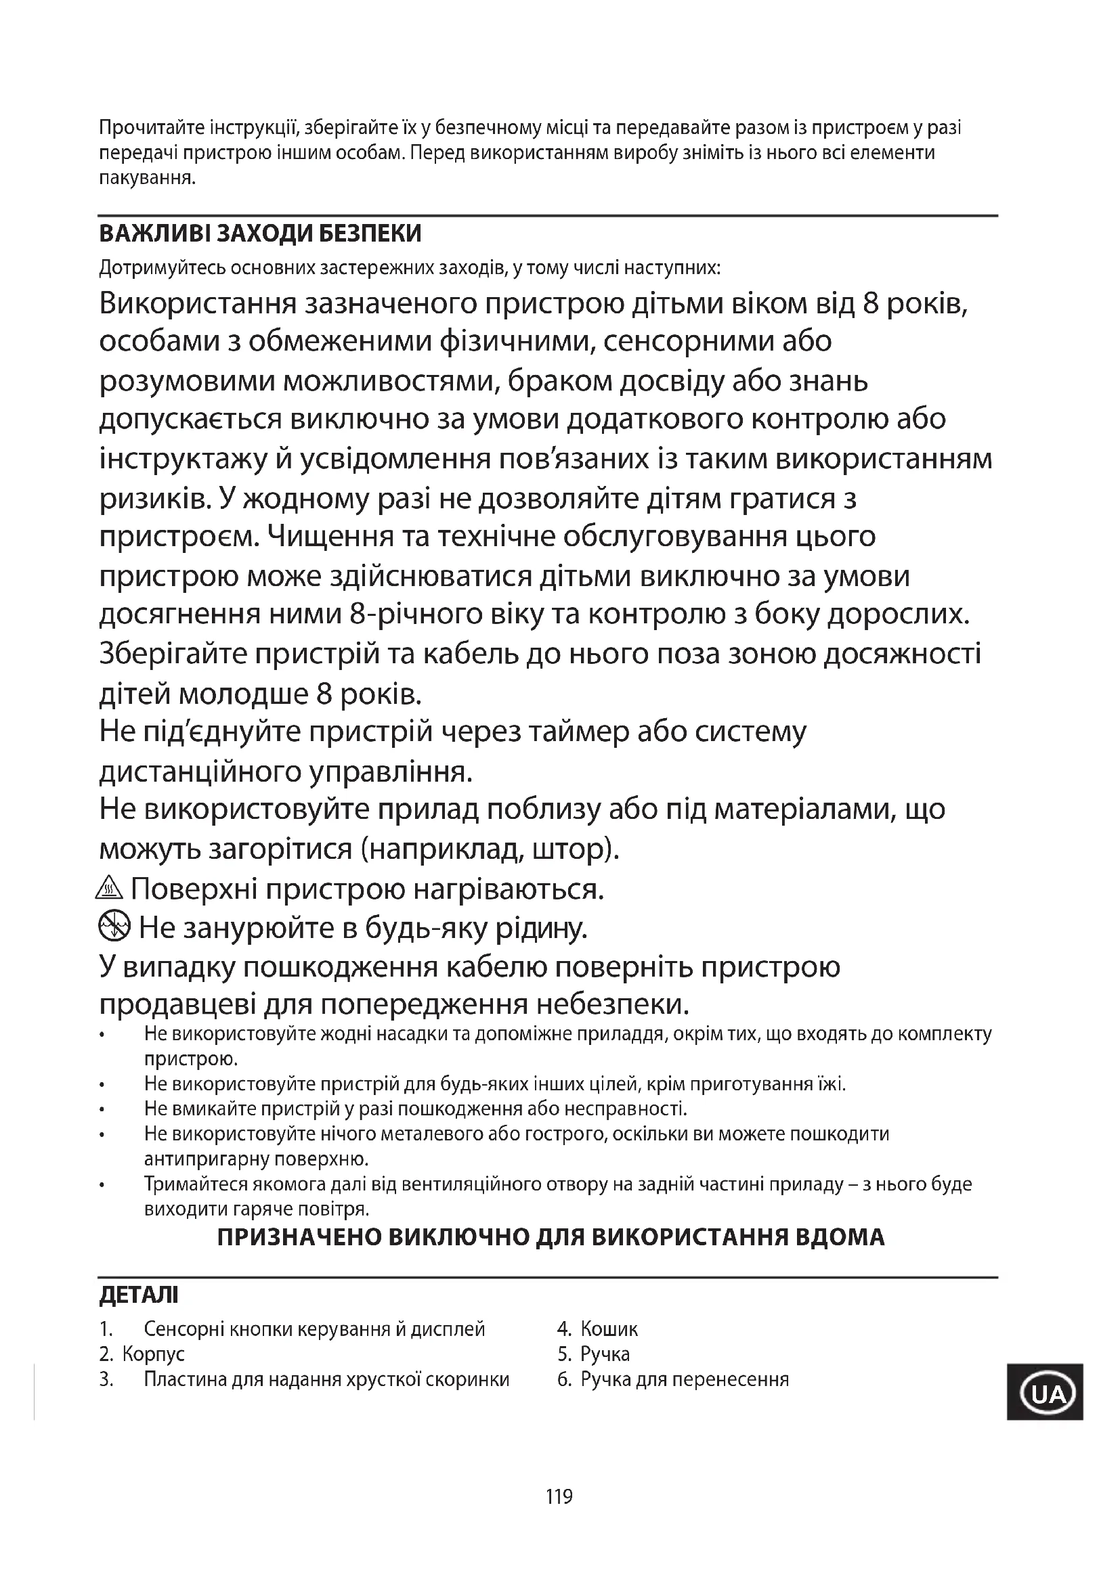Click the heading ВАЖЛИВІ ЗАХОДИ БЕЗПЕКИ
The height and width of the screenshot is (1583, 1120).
(260, 234)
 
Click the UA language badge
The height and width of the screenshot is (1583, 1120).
(1044, 1395)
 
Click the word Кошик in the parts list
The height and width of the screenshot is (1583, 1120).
(609, 1329)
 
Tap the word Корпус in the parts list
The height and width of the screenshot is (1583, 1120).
(153, 1354)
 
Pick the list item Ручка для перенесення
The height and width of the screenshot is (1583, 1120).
(684, 1379)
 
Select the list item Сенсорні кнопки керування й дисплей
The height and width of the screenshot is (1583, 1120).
(314, 1329)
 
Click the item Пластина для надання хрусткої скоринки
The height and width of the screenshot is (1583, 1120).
(326, 1379)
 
